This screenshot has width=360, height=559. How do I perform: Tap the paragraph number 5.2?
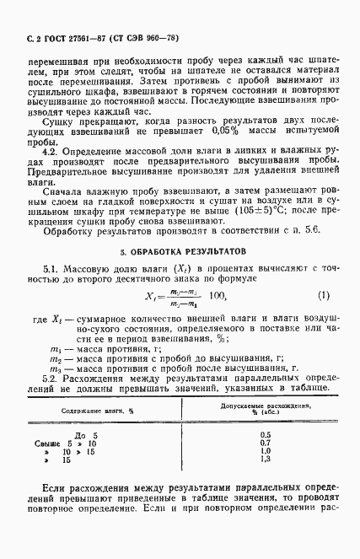pos(50,378)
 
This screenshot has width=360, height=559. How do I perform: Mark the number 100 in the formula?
pos(220,296)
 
